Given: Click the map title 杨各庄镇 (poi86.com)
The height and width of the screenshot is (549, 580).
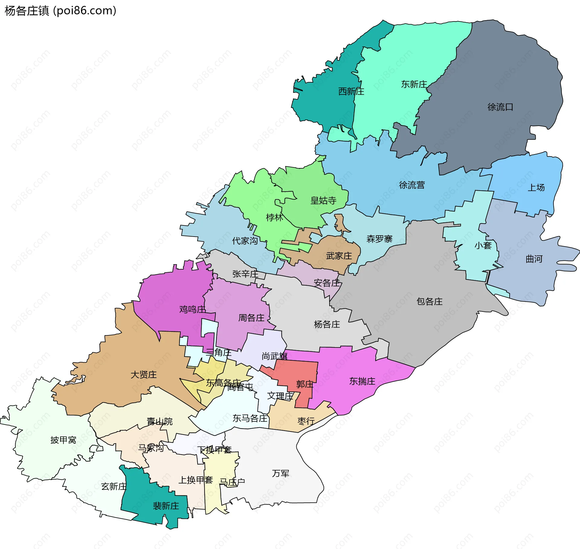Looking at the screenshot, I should [x=60, y=11].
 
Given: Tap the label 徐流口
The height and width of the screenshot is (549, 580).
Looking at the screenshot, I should [x=500, y=107].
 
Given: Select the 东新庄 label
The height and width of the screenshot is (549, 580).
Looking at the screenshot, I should [x=414, y=84].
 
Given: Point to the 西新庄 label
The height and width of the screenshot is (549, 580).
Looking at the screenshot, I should [x=351, y=91].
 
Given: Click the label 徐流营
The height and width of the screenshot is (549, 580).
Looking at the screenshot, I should [x=412, y=185].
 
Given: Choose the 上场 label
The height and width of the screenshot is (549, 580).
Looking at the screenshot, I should [x=536, y=188].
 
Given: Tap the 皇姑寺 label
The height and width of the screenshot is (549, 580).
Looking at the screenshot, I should [x=323, y=200].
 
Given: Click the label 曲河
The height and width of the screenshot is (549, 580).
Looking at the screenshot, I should [x=534, y=259].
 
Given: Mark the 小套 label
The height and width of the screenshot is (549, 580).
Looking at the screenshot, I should [x=483, y=245].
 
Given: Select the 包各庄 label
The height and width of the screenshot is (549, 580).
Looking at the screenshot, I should [x=429, y=301].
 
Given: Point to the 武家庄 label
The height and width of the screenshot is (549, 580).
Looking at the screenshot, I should [x=339, y=256].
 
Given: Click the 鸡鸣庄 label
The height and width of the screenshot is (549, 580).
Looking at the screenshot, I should [x=192, y=309].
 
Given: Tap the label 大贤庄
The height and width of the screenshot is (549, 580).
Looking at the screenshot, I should [x=143, y=375].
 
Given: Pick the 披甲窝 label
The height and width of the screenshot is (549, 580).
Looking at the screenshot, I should [x=63, y=440].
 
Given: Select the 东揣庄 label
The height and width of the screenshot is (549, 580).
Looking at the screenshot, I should [x=362, y=381].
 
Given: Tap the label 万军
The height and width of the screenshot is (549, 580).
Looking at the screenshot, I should [x=281, y=473].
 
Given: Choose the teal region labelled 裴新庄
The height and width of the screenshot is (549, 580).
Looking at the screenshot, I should [x=166, y=506].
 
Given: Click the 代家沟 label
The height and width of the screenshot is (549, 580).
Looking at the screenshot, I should [x=245, y=241].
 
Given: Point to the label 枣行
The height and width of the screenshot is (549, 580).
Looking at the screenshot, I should [x=306, y=421].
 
